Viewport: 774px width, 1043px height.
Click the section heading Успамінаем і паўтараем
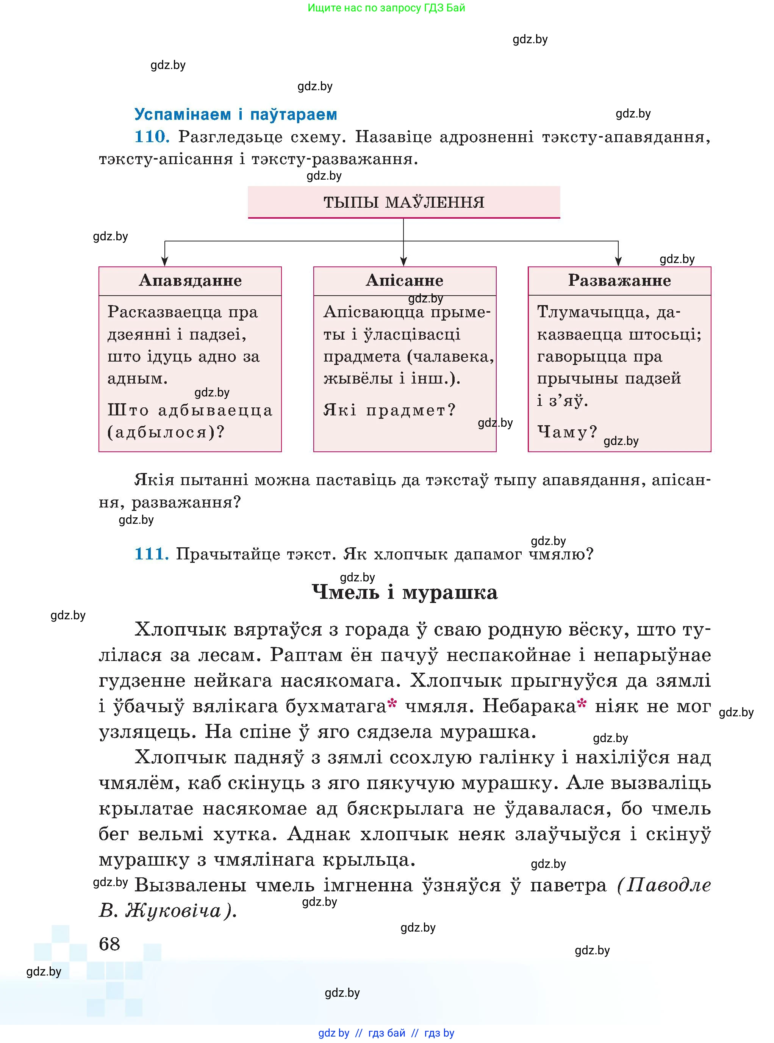pyautogui.click(x=236, y=114)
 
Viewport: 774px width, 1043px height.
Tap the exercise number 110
pyautogui.click(x=151, y=136)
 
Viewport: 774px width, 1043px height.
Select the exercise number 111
pyautogui.click(x=151, y=554)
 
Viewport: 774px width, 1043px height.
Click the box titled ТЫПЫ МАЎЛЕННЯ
pyautogui.click(x=403, y=202)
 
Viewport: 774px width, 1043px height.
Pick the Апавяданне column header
pyautogui.click(x=190, y=280)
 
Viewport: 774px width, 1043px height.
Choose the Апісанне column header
pyautogui.click(x=404, y=280)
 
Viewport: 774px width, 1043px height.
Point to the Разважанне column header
pyautogui.click(x=619, y=280)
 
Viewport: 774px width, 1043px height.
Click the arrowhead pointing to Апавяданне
pyautogui.click(x=164, y=261)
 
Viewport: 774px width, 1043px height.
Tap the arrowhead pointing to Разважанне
pyautogui.click(x=618, y=261)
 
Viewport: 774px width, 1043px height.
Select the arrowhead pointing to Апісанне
pyautogui.click(x=403, y=261)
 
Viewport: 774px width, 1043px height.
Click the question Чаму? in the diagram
pyautogui.click(x=567, y=431)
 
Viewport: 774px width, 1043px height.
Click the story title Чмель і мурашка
pyautogui.click(x=404, y=592)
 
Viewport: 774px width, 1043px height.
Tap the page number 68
pyautogui.click(x=109, y=944)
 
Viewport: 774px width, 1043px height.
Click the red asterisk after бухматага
pyautogui.click(x=392, y=703)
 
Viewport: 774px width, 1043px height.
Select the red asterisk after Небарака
pyautogui.click(x=582, y=703)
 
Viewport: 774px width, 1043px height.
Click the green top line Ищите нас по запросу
pyautogui.click(x=386, y=8)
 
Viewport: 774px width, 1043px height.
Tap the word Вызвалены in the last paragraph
pyautogui.click(x=190, y=885)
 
